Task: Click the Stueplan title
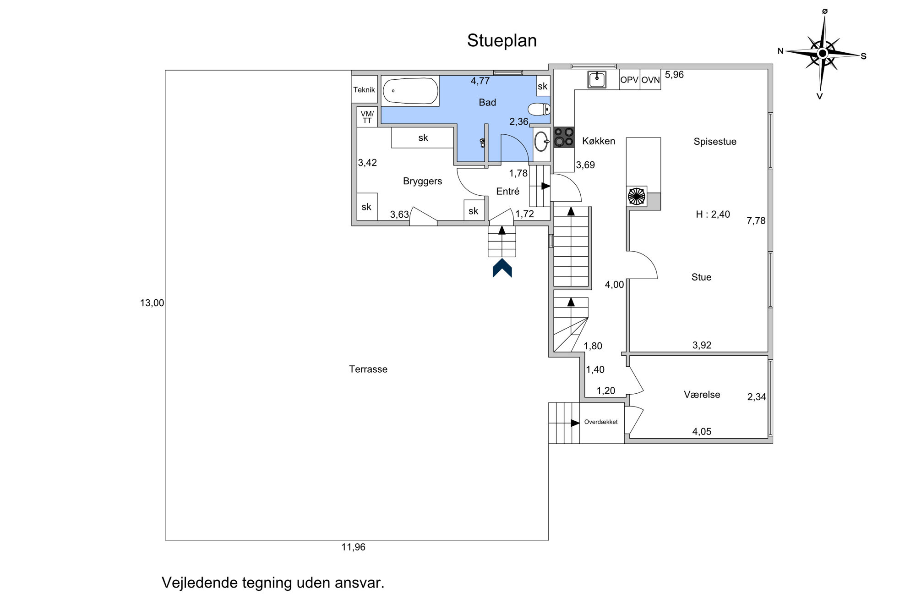point(502,41)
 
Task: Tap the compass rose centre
point(823,54)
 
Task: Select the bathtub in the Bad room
point(410,91)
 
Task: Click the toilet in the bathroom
point(539,110)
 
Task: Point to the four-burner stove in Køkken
point(564,137)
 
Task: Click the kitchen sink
point(597,79)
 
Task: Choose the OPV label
point(629,80)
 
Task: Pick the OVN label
point(650,80)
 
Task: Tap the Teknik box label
point(364,90)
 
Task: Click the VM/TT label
point(367,117)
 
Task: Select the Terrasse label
point(368,369)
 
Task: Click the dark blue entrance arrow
point(502,268)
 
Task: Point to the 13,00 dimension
point(152,303)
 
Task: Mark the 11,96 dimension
point(354,547)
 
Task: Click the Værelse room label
point(702,395)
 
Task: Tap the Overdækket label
point(601,422)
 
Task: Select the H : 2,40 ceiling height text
point(713,214)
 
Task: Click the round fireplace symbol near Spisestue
point(636,196)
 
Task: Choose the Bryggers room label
point(423,182)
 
